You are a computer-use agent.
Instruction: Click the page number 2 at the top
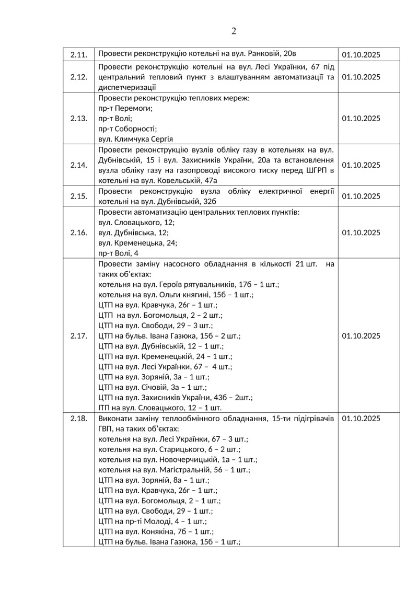(x=234, y=31)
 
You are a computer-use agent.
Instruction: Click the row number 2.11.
(x=78, y=55)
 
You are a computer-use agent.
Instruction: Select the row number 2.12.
(x=78, y=77)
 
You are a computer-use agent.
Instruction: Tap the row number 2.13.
(x=78, y=118)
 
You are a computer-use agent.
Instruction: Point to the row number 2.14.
(x=78, y=165)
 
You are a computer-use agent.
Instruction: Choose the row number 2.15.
(x=78, y=196)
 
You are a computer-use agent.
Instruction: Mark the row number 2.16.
(x=78, y=233)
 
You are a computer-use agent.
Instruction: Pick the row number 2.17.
(x=78, y=336)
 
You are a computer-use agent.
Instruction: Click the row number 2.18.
(x=78, y=419)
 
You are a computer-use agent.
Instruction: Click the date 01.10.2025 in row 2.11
(x=361, y=55)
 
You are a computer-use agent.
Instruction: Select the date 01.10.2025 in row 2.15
(x=361, y=196)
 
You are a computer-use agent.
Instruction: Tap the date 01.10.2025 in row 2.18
(x=361, y=419)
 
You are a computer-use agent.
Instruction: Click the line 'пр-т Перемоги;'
(x=125, y=108)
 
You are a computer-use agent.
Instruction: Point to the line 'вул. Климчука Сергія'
(x=135, y=139)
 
